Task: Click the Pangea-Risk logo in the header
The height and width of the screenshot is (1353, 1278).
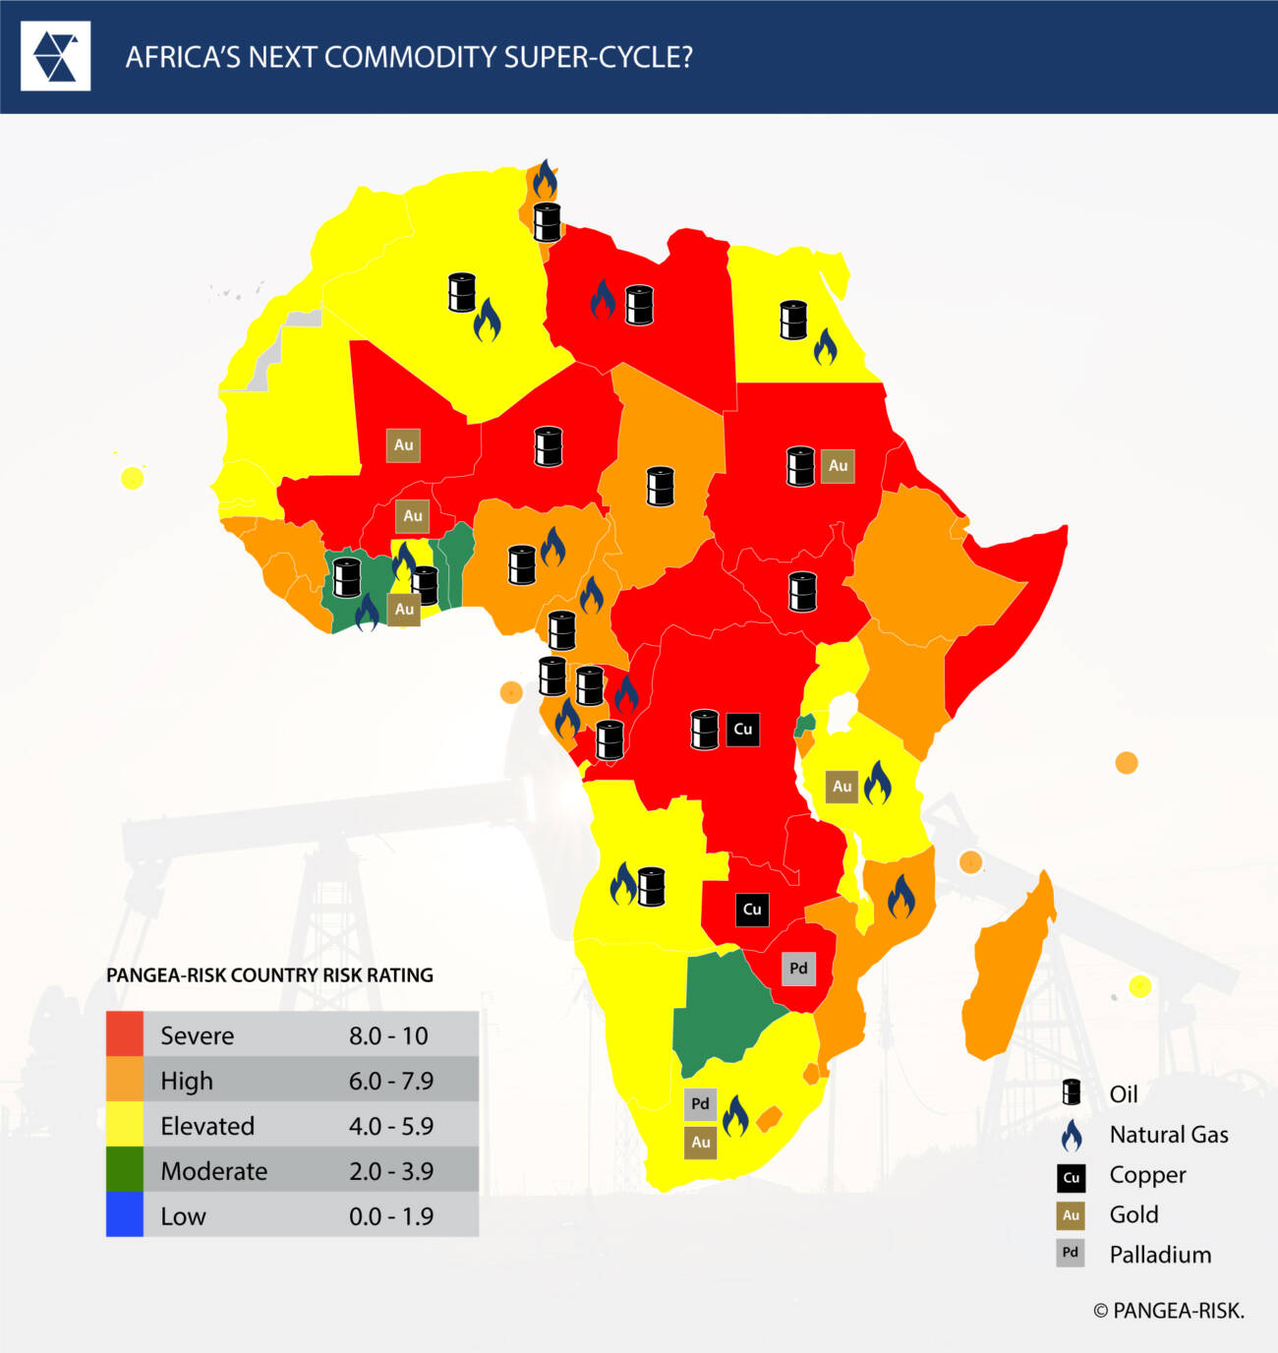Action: pos(55,56)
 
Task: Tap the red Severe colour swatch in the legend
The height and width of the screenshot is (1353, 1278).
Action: pos(125,1034)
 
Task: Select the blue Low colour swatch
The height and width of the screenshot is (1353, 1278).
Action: pos(125,1215)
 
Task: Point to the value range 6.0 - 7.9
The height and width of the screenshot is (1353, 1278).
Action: pos(391,1081)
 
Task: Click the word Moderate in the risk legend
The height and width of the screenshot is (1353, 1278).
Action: pos(213,1171)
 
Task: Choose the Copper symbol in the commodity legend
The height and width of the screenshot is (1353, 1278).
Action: pos(1071,1176)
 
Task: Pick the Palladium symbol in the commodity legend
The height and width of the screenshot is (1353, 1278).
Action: pos(1071,1253)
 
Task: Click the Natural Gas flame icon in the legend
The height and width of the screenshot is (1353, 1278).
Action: pos(1071,1135)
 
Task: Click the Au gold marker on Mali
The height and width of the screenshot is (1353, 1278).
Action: pos(403,445)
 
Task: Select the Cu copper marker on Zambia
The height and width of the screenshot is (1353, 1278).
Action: pos(752,910)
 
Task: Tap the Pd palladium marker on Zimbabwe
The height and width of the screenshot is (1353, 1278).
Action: pos(798,969)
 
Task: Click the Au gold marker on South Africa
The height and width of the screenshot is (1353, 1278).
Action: pos(700,1143)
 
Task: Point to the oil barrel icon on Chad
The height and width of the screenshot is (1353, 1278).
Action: pos(660,486)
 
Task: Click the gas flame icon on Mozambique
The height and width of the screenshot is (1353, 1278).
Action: pos(900,896)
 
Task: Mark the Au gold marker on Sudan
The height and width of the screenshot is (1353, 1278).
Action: pos(838,466)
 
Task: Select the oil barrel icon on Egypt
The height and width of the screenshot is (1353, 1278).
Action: pos(793,320)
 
